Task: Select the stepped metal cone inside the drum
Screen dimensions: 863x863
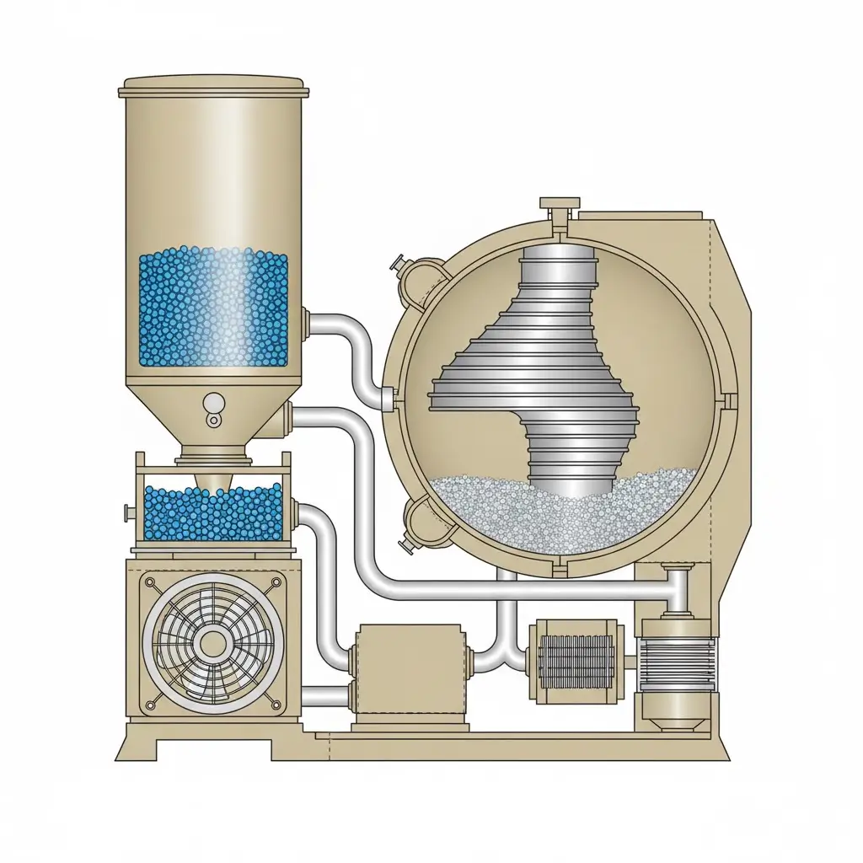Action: coord(539,371)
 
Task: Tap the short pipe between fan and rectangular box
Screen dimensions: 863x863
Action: coord(325,696)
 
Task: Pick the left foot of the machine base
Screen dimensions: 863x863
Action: coord(139,747)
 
